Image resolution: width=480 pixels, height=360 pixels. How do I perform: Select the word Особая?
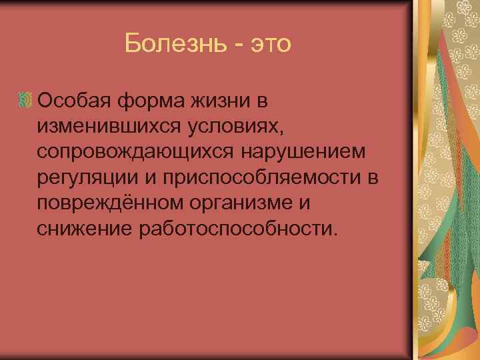tap(74, 101)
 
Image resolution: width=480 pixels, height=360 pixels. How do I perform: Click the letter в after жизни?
tap(263, 101)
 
